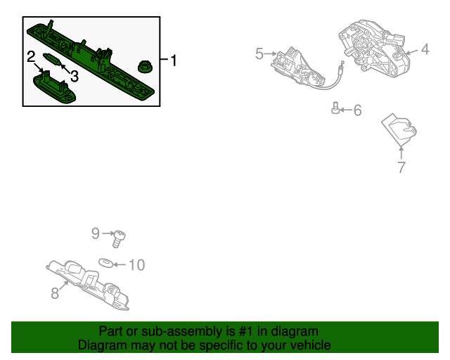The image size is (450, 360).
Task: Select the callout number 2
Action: pos(31,57)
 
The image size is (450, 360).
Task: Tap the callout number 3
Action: pos(74,75)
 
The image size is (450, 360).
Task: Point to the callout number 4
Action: pos(425,49)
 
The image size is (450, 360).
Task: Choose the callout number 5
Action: pos(259,53)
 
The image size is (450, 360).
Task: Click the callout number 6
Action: pos(357,110)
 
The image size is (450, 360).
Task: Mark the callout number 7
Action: pos(401,167)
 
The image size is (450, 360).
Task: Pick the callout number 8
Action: pos(55,293)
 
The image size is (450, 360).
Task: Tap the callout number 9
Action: pos(96,233)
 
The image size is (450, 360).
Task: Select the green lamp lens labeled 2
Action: pos(55,86)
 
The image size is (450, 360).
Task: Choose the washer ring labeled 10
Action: pos(105,264)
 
